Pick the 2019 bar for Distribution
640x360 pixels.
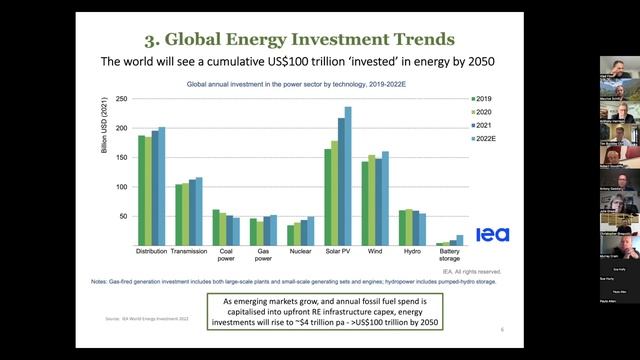pos(142,190)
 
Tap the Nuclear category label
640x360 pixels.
pos(300,252)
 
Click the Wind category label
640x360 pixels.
pos(374,252)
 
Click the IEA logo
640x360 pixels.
pos(492,234)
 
